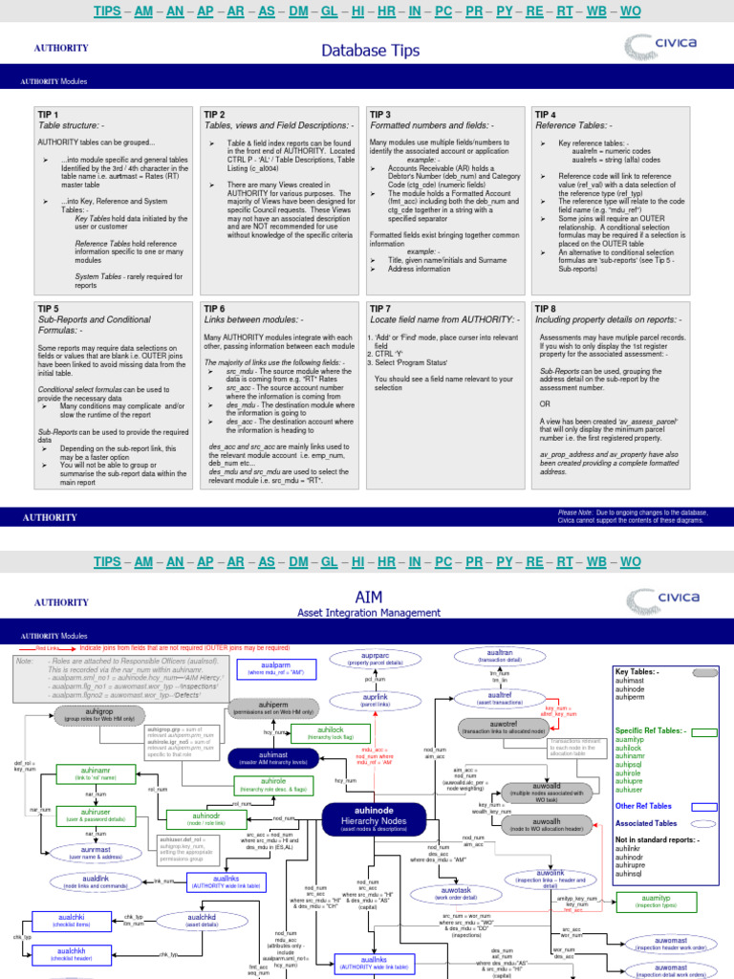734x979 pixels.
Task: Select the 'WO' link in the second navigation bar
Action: point(630,561)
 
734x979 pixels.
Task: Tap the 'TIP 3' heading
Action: point(380,115)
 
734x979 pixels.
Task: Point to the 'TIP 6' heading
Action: point(214,309)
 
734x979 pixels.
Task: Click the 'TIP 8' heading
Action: point(545,309)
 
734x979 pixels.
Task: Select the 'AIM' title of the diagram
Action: point(368,598)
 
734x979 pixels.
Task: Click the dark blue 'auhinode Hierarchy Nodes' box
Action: point(368,816)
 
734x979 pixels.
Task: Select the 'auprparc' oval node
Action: point(368,658)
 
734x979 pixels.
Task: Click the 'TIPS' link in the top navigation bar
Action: point(107,11)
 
